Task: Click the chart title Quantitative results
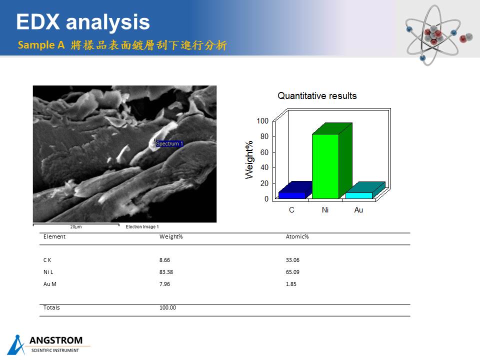[317, 96]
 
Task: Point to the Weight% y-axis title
[249, 160]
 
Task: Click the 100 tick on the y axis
[262, 121]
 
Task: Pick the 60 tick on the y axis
[264, 152]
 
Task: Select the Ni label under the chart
[325, 209]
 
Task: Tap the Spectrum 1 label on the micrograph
[169, 143]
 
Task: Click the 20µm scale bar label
[76, 227]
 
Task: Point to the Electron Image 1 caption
[142, 227]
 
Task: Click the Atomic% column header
[297, 236]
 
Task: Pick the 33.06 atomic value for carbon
[292, 260]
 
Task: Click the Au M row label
[50, 284]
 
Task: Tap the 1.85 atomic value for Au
[291, 284]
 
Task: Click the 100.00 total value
[167, 307]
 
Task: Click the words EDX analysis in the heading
[83, 22]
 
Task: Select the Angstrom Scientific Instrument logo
[48, 344]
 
